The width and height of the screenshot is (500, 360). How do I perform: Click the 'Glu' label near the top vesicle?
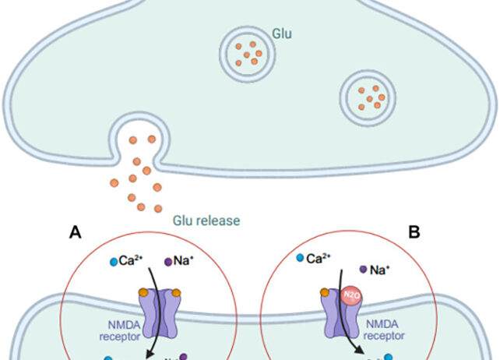pyautogui.click(x=281, y=34)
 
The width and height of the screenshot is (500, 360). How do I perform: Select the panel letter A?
pyautogui.click(x=75, y=231)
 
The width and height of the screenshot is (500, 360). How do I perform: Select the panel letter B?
pyautogui.click(x=415, y=231)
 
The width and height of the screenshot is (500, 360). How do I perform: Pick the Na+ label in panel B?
pyautogui.click(x=379, y=270)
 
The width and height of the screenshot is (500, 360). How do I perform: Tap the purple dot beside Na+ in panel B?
pyautogui.click(x=363, y=269)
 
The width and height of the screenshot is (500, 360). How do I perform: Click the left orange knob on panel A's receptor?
pyautogui.click(x=143, y=292)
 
